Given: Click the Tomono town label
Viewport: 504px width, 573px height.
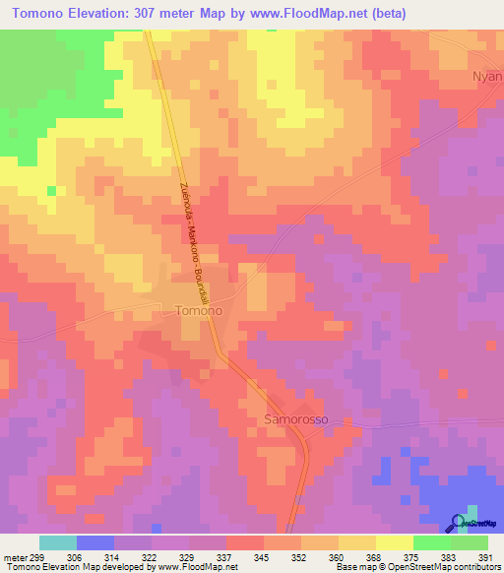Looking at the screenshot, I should [198, 310].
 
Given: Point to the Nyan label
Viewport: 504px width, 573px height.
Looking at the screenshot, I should [487, 75].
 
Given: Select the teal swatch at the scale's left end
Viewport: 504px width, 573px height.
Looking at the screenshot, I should [58, 542].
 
